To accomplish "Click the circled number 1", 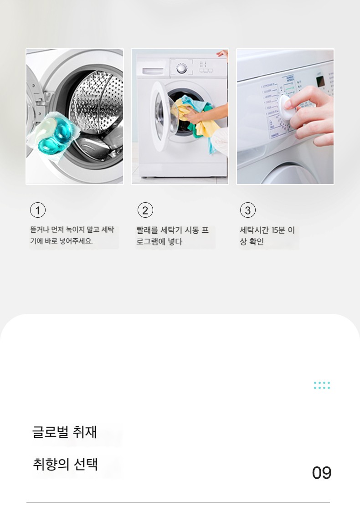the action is (x=38, y=210).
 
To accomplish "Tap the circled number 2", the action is (x=145, y=210).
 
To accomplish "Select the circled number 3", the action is (x=248, y=210).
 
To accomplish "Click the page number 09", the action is (x=322, y=473).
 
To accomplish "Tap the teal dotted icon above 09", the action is (x=322, y=385).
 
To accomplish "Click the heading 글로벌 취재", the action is (x=65, y=432).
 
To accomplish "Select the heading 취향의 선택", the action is (x=65, y=464).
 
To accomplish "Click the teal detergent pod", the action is (x=55, y=135).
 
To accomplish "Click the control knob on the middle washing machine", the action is (x=181, y=69).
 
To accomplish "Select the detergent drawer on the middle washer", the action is (x=153, y=71).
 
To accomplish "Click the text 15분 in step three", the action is (x=278, y=230).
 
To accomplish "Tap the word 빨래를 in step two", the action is (x=147, y=230).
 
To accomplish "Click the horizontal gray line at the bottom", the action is (x=178, y=502).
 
